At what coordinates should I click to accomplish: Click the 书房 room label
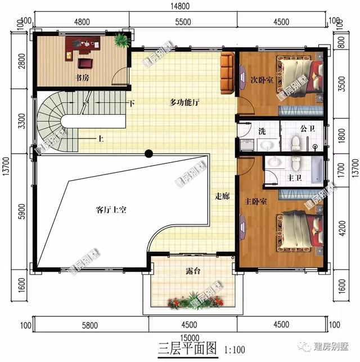82,78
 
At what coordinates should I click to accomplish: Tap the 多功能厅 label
185,103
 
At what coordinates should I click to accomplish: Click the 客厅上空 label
111,210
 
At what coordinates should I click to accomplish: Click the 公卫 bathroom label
307,128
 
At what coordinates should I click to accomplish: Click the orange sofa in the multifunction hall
227,73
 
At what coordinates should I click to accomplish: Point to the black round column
148,153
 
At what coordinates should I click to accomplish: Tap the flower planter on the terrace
195,302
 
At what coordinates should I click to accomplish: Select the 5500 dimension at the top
183,22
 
